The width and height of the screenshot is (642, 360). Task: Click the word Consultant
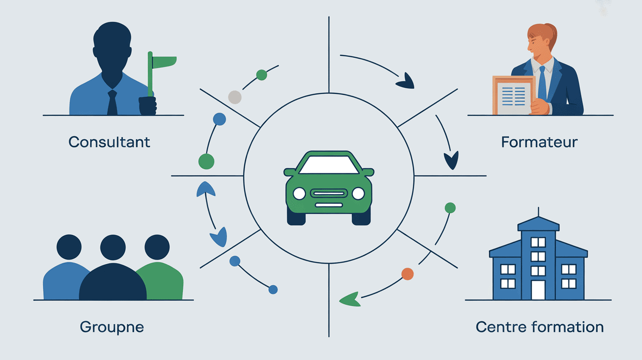[109, 142]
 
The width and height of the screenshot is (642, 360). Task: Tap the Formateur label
[539, 142]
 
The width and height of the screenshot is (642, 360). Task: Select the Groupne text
[112, 327]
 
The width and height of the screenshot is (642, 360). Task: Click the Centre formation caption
[539, 327]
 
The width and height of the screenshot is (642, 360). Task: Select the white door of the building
[538, 290]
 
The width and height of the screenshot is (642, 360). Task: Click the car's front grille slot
[329, 194]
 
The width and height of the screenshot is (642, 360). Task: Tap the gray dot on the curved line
[235, 97]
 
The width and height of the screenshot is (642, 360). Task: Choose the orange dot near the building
[407, 273]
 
